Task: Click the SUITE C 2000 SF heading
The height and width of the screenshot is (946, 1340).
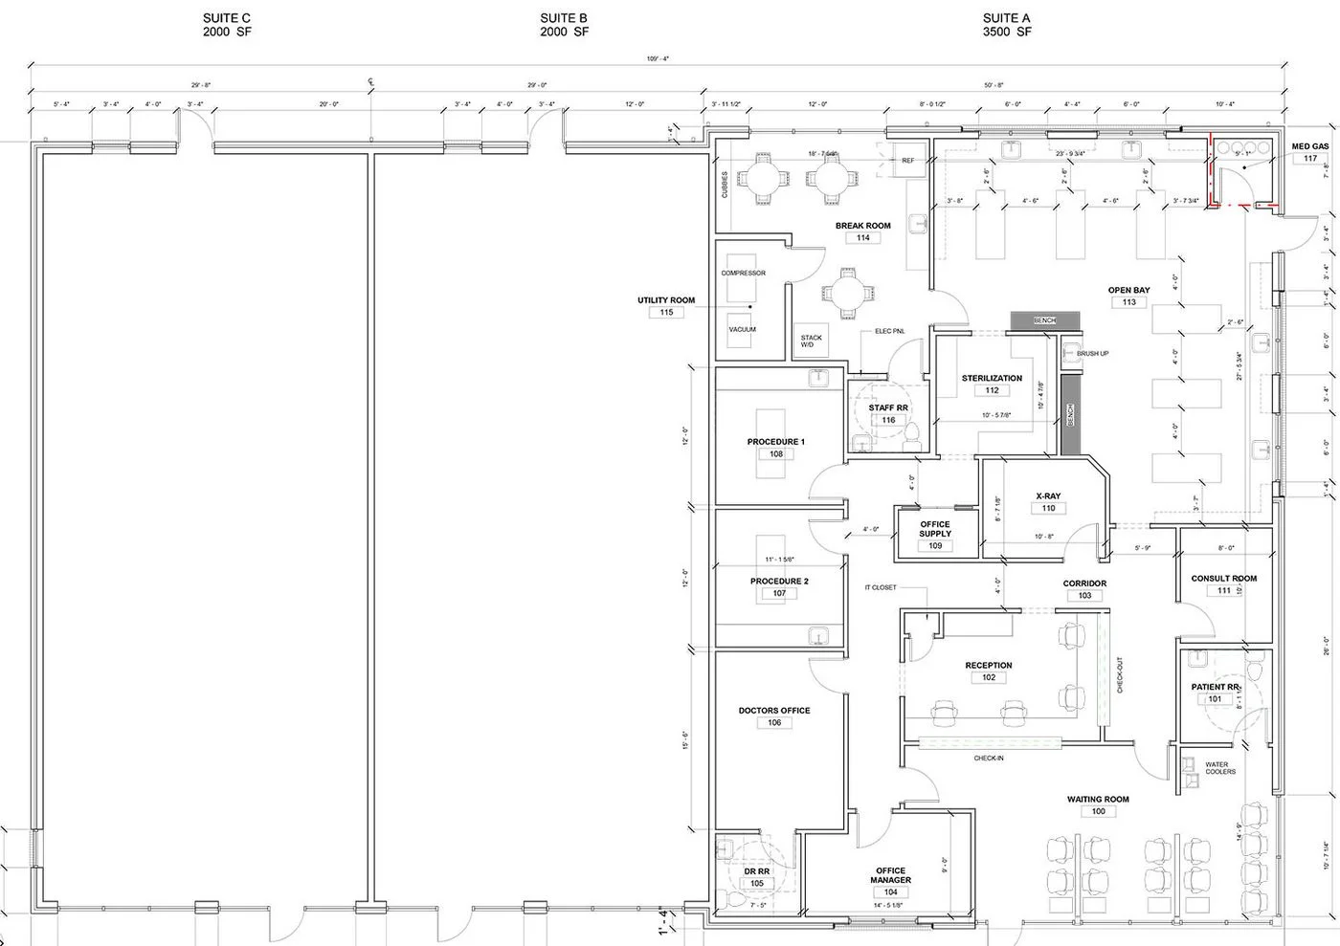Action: [227, 25]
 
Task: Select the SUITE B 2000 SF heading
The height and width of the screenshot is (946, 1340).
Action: [564, 25]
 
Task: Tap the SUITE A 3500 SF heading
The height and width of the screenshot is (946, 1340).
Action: [1007, 25]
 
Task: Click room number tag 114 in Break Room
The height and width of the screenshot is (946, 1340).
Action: [862, 238]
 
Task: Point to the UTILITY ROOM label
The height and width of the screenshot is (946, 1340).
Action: [666, 300]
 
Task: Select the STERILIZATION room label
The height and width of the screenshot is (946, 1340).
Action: [992, 378]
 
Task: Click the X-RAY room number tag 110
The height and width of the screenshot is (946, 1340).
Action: [1048, 509]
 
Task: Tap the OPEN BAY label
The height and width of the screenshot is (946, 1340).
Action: [1128, 290]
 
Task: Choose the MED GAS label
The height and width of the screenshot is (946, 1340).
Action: [1309, 146]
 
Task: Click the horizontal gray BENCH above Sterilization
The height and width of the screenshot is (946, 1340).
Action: [1044, 320]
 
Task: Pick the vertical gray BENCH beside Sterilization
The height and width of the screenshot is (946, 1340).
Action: [1070, 414]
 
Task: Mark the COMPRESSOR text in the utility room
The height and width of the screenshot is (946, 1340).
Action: [743, 274]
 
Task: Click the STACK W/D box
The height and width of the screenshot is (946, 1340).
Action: [812, 341]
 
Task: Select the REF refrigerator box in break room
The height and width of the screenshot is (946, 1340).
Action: [907, 161]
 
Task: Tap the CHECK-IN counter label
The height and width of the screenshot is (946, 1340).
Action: [989, 759]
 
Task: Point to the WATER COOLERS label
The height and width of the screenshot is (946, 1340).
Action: [1218, 768]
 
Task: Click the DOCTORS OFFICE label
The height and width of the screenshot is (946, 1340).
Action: [774, 711]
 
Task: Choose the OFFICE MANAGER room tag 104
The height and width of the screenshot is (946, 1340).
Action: [890, 891]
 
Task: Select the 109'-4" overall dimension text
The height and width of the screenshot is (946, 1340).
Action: [658, 58]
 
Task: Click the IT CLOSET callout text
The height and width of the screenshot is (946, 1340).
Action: [881, 587]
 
